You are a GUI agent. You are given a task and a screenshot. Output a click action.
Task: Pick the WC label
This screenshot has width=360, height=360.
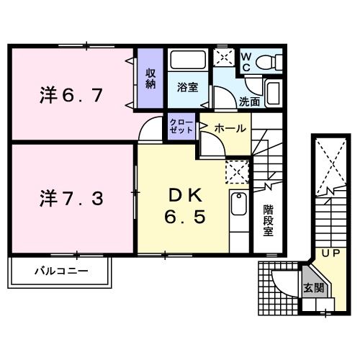(246, 60)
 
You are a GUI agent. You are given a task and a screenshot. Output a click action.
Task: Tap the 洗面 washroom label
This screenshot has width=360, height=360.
(249, 102)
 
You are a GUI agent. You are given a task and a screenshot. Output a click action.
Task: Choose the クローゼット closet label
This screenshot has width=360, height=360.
(181, 127)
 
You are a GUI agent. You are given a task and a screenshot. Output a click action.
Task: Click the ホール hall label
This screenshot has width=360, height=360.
(230, 128)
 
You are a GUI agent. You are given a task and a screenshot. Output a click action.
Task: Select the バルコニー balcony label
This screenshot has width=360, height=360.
(61, 272)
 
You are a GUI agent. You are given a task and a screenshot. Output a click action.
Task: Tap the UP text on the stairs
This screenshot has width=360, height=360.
(330, 254)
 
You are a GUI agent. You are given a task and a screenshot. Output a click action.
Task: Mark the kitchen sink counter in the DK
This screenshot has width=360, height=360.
(238, 210)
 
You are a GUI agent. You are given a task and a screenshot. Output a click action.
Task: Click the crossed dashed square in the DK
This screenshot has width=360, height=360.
(237, 171)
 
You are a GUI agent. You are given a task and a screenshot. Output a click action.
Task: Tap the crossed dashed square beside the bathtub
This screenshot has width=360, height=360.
(223, 58)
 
